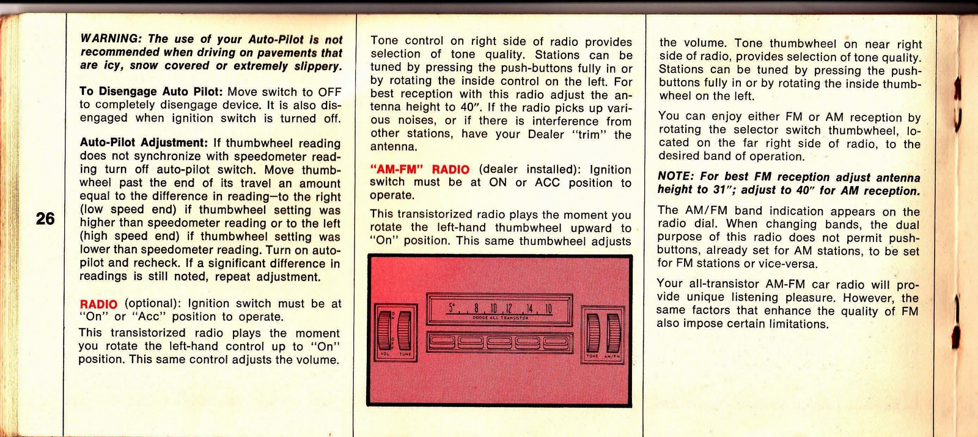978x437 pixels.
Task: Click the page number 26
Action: point(45,219)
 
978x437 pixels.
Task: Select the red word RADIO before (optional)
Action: point(98,304)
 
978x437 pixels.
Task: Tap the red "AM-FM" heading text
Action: point(397,169)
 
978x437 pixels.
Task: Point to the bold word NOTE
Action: point(676,176)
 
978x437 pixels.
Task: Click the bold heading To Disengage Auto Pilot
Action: point(151,91)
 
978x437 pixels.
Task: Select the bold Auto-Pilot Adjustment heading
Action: point(144,143)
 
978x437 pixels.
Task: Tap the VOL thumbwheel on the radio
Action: point(384,331)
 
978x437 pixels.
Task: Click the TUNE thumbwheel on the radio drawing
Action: point(404,331)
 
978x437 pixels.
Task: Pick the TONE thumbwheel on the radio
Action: point(593,332)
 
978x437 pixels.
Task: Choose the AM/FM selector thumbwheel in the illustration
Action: point(613,332)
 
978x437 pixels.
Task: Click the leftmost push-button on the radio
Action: point(442,343)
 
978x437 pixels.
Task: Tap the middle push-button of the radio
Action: point(499,343)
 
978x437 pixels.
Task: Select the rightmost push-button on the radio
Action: point(556,343)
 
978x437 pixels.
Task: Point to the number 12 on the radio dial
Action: point(509,309)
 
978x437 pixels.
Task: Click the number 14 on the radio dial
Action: point(529,309)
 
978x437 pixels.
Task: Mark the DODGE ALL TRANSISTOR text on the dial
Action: point(501,318)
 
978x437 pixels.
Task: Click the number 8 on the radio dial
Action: point(477,308)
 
